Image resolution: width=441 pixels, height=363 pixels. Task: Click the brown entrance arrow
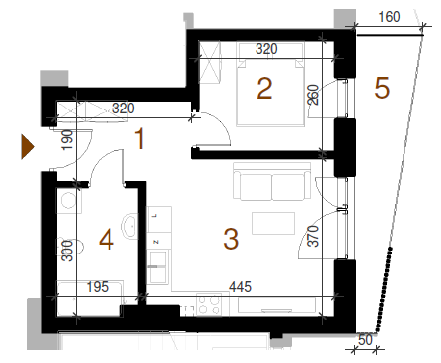coord(28,147)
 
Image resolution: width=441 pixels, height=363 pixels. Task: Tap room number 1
coord(140,139)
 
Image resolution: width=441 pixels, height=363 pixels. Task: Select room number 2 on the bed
coord(264,88)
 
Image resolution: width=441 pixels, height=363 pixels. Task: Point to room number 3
coord(231,239)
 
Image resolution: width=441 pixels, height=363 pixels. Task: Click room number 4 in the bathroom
coord(107,240)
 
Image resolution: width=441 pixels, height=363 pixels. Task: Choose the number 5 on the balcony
coord(382,88)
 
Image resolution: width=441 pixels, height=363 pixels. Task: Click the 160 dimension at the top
coord(389,17)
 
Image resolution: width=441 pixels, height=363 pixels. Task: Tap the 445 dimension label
coord(241,287)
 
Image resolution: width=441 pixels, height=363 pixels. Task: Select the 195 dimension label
coord(98,287)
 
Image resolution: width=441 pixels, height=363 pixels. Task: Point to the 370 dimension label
coord(313,236)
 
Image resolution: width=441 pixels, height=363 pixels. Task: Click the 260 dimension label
coord(313,95)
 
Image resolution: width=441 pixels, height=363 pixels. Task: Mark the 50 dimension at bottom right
coord(365,340)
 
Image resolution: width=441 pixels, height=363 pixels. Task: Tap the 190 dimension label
coord(67,140)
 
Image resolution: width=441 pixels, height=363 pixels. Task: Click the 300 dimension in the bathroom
coord(67,251)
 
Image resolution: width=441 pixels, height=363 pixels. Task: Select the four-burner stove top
coord(209,305)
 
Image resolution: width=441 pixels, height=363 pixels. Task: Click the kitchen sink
coord(158,266)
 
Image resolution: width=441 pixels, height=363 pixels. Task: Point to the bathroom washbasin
coord(130,227)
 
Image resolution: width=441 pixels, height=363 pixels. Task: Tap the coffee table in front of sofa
coord(273,223)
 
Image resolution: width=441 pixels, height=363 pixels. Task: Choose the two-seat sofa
coord(272,181)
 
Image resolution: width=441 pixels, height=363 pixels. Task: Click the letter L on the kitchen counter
coord(156,216)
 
